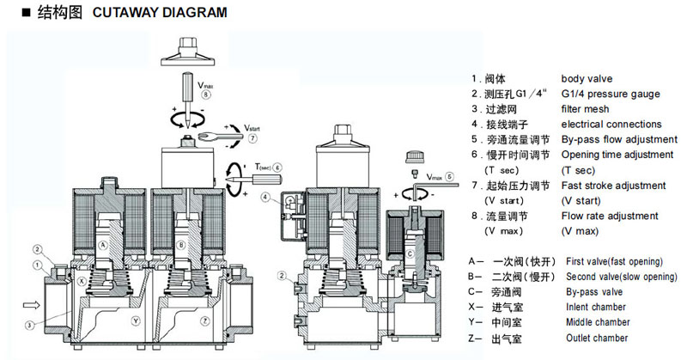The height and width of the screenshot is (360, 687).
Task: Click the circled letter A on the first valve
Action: tap(104, 245)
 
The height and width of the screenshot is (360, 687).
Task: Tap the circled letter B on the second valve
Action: tap(179, 245)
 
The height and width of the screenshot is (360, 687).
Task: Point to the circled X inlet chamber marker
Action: tap(81, 281)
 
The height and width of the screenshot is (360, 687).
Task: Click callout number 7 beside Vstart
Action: tap(252, 137)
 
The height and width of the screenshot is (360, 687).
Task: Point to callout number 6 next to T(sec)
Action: tap(277, 167)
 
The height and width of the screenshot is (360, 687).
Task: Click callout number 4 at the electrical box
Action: tap(267, 197)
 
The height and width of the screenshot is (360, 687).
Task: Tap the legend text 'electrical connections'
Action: tap(611, 125)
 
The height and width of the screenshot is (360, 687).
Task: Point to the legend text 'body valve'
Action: tap(587, 78)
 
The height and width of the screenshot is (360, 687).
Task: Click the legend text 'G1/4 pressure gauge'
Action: tap(610, 94)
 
